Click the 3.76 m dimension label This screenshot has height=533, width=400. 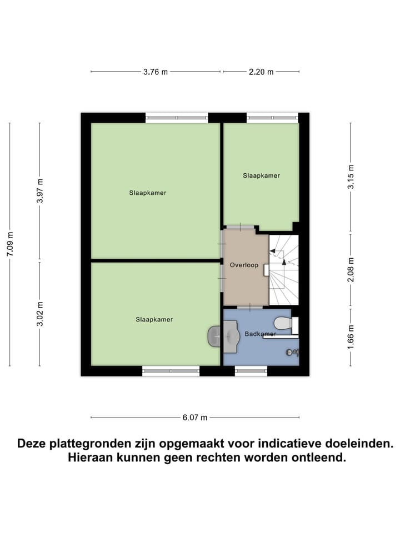(156, 72)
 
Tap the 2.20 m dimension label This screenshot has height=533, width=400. (261, 72)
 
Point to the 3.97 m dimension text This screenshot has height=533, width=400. (39, 190)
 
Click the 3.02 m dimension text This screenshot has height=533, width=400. (39, 314)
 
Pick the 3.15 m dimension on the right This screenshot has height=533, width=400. (351, 177)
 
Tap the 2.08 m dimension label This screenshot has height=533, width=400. (351, 270)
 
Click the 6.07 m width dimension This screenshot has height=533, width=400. (195, 418)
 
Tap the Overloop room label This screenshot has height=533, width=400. (244, 265)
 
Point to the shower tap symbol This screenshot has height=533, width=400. (293, 352)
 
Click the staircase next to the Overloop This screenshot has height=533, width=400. (284, 270)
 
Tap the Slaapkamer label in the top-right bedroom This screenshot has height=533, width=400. (261, 175)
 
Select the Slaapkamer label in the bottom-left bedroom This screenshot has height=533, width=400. (154, 320)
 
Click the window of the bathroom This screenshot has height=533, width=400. (251, 371)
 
